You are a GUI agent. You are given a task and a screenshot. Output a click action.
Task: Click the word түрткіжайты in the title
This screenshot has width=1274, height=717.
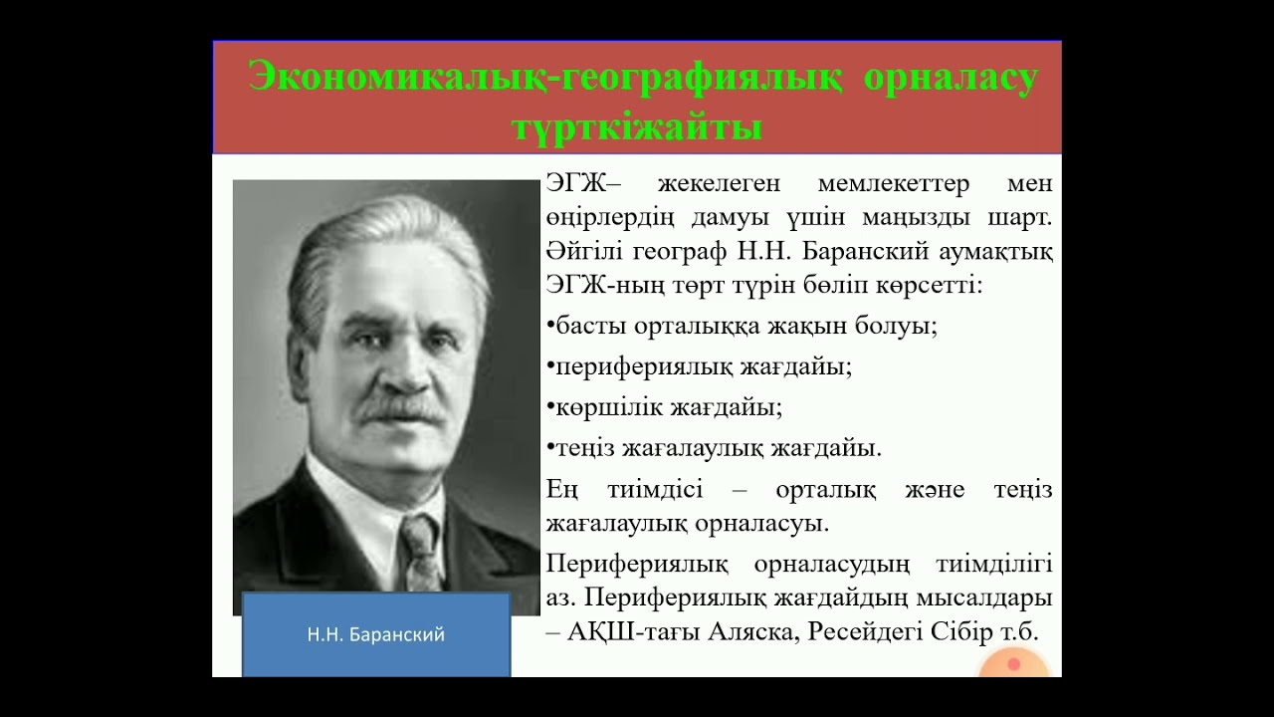coord(637,126)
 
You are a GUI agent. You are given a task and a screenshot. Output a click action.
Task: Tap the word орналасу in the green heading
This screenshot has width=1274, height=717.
coord(951,77)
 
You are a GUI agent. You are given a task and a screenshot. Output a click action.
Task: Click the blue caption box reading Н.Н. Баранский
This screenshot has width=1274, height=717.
coord(376,634)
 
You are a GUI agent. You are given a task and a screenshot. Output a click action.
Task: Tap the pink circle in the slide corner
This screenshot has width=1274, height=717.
coord(1013,664)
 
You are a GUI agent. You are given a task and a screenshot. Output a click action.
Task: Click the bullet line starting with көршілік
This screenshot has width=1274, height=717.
coord(664,407)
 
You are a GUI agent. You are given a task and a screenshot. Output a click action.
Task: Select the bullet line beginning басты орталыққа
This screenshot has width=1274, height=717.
coord(742,326)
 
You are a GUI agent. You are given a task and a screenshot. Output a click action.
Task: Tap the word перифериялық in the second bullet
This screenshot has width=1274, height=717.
coord(643,366)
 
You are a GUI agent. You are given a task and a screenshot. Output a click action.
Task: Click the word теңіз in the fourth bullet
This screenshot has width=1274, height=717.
coord(585,448)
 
